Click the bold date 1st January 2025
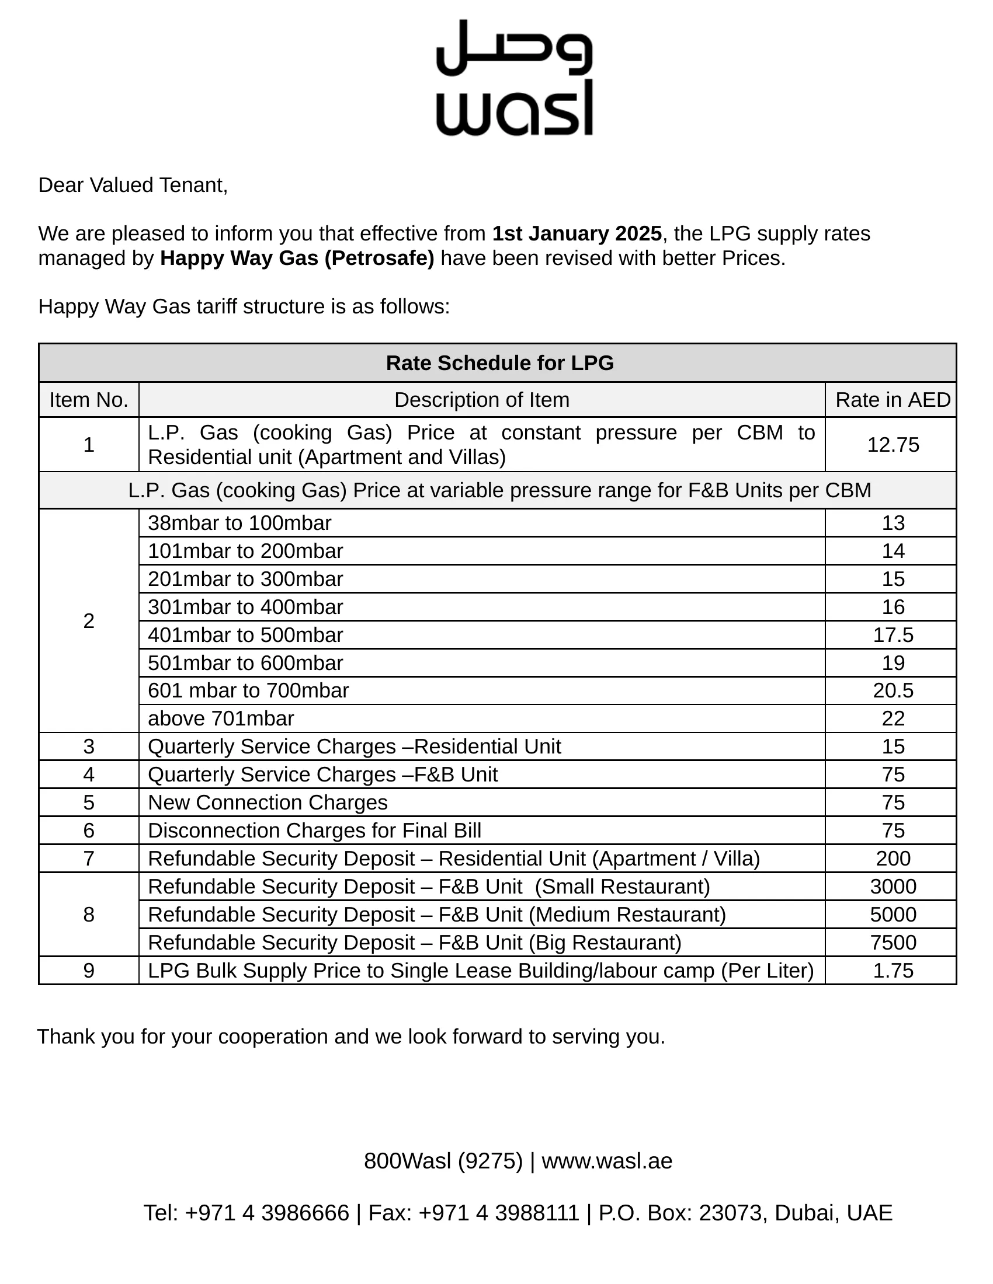click(577, 233)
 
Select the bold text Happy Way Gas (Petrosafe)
click(297, 258)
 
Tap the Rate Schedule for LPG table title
click(499, 363)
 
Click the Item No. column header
click(89, 400)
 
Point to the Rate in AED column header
click(893, 400)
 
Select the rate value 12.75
click(893, 445)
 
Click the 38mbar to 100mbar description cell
click(239, 523)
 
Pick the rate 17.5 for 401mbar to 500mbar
click(893, 635)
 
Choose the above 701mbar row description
click(221, 718)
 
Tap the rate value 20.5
click(893, 690)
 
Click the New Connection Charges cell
click(268, 802)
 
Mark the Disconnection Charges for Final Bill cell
click(314, 830)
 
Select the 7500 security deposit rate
click(893, 943)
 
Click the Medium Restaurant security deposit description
click(436, 914)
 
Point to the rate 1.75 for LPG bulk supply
click(893, 970)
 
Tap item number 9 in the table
click(89, 970)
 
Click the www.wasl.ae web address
click(606, 1161)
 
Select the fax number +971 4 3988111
click(499, 1213)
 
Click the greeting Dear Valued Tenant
click(133, 185)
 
